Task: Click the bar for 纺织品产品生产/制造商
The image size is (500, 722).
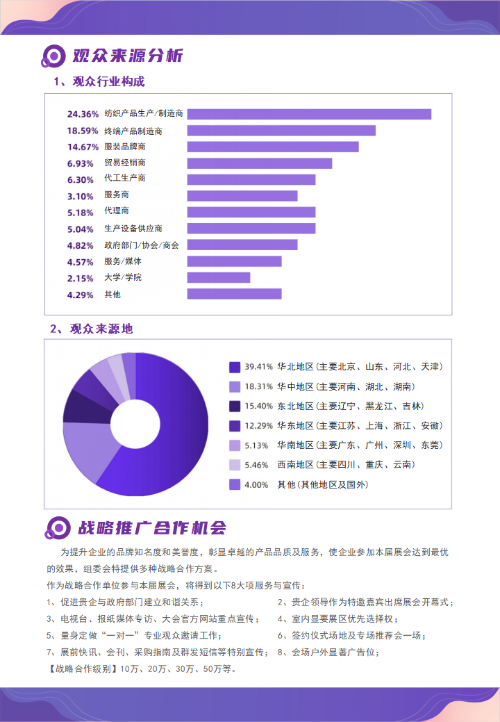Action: pyautogui.click(x=309, y=114)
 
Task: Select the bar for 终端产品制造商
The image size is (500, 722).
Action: pyautogui.click(x=281, y=131)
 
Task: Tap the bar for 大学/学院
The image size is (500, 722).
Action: pyautogui.click(x=218, y=277)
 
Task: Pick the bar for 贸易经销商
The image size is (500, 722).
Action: pyautogui.click(x=259, y=163)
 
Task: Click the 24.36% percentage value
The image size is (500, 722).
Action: pyautogui.click(x=83, y=114)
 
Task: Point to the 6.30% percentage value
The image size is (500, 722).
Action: pyautogui.click(x=80, y=179)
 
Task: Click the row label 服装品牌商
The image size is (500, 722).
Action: pyautogui.click(x=124, y=147)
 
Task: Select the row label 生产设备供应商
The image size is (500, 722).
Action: pyautogui.click(x=133, y=229)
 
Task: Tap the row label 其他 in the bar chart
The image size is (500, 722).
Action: pyautogui.click(x=112, y=294)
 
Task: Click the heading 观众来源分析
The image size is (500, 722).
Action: pyautogui.click(x=128, y=56)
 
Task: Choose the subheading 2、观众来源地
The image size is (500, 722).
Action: pyautogui.click(x=91, y=329)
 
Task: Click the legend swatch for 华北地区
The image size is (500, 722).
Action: pyautogui.click(x=235, y=367)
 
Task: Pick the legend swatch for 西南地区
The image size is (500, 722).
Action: pyautogui.click(x=235, y=465)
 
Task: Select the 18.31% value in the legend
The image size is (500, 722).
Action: pyautogui.click(x=258, y=386)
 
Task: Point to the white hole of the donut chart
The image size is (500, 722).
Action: pyautogui.click(x=135, y=425)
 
